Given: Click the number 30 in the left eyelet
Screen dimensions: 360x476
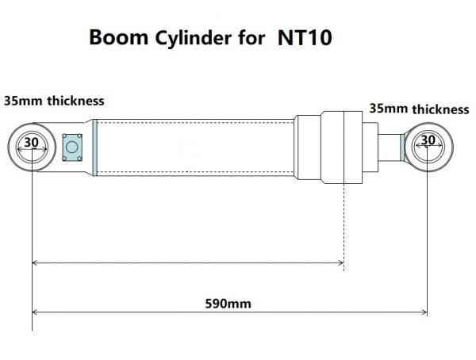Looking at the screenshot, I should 31,143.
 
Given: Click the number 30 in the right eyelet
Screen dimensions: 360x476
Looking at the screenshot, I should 428,140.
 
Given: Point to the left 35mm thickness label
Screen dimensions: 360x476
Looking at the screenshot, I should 54,101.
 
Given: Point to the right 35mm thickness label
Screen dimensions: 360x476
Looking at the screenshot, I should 419,109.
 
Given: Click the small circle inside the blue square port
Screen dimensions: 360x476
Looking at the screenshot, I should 73,147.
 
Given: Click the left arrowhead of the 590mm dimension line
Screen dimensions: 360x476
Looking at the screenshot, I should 36,312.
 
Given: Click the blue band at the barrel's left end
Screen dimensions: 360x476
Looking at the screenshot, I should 94,147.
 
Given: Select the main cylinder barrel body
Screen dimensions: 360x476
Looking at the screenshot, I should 194,147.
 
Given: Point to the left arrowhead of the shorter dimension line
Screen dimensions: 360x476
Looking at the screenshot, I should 36,262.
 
